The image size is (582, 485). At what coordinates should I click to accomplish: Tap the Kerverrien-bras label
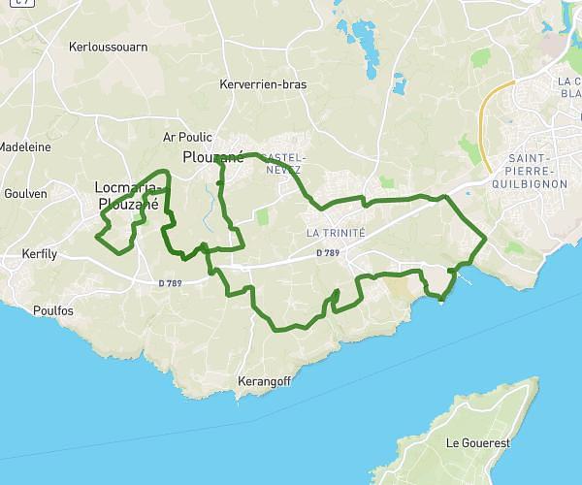pyautogui.click(x=263, y=84)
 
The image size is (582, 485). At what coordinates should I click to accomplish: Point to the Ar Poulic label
pyautogui.click(x=188, y=138)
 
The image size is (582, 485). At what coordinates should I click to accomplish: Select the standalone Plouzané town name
pyautogui.click(x=212, y=155)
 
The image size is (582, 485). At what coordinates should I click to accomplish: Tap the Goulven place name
pyautogui.click(x=25, y=194)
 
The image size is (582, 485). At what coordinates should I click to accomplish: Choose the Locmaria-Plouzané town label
pyautogui.click(x=126, y=195)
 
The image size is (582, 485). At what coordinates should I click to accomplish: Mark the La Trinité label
pyautogui.click(x=336, y=234)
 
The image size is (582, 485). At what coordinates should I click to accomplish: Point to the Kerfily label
pyautogui.click(x=41, y=255)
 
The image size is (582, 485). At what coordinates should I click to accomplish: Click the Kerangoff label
pyautogui.click(x=264, y=382)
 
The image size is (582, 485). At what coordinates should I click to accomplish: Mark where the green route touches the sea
pyautogui.click(x=442, y=298)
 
